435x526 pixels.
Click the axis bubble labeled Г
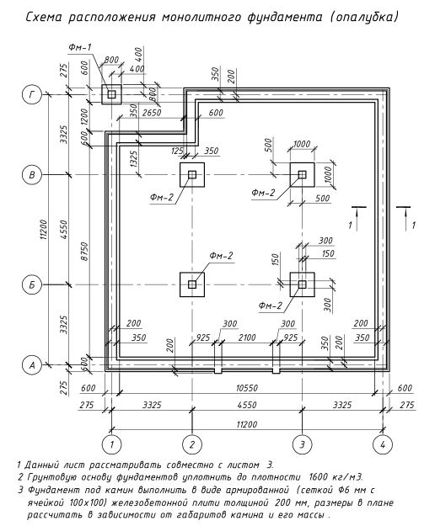32,94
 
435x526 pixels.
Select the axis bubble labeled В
32,175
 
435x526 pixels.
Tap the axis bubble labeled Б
32,284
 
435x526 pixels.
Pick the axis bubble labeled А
32,364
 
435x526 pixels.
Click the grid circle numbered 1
111,444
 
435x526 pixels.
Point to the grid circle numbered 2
192,444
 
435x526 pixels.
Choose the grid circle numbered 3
303,444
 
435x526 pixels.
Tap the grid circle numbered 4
383,444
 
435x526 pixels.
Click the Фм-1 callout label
80,47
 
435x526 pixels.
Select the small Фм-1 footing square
111,94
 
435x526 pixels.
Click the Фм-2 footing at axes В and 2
192,174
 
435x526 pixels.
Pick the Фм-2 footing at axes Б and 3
303,284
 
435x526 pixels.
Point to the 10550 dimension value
247,388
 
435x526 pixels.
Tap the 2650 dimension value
152,113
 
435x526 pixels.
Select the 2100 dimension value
247,337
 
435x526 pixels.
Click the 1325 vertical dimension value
134,159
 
